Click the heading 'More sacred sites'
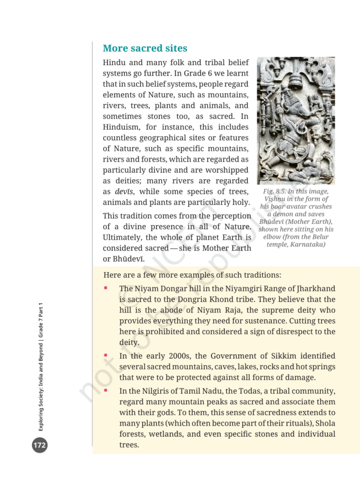point(145,49)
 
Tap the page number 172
point(40,445)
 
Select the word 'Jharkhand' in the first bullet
point(316,289)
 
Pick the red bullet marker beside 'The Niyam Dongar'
point(105,288)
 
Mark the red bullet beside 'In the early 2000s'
point(105,355)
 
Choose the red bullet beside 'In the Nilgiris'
point(105,390)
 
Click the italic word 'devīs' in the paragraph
point(124,192)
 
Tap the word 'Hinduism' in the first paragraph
point(123,127)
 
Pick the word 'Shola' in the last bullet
point(324,423)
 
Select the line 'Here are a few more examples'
point(192,275)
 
